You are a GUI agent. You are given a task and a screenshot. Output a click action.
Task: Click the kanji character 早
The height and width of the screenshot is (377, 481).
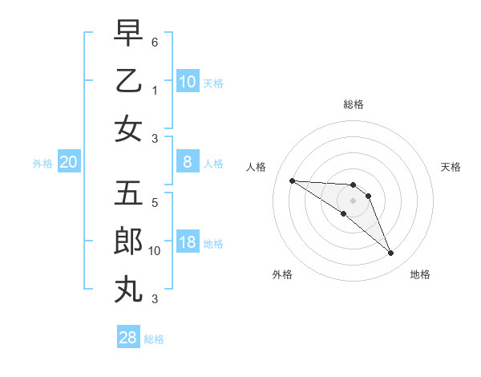click(x=128, y=34)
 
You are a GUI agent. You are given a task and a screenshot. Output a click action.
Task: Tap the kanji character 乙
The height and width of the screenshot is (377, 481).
click(x=128, y=81)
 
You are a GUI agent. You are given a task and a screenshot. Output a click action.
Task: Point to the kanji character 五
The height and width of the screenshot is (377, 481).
click(x=128, y=193)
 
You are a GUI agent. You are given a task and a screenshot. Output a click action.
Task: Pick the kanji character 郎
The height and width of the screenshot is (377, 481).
click(x=128, y=241)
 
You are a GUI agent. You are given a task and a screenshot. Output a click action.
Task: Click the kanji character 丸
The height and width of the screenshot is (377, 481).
click(x=128, y=287)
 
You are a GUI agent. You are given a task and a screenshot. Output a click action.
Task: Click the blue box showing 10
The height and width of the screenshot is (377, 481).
click(x=187, y=81)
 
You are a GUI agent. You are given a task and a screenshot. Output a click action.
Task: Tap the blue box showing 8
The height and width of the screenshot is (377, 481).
click(x=187, y=163)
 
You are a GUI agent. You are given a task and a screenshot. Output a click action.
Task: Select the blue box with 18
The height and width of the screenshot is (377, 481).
click(x=187, y=243)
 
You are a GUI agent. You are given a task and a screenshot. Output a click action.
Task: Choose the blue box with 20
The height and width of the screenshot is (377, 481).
click(x=68, y=163)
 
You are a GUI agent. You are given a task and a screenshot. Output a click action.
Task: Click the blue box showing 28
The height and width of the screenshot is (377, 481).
click(x=128, y=338)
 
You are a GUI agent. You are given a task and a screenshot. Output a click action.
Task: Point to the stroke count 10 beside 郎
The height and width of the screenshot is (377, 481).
click(x=155, y=251)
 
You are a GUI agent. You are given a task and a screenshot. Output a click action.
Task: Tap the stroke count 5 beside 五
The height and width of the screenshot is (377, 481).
click(x=155, y=203)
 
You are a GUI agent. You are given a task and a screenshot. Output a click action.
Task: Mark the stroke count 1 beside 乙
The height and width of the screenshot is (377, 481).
click(x=155, y=90)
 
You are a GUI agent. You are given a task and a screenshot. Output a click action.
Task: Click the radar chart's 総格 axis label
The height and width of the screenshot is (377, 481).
click(x=353, y=105)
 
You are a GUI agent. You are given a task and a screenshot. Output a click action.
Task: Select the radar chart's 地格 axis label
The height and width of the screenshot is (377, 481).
click(x=420, y=274)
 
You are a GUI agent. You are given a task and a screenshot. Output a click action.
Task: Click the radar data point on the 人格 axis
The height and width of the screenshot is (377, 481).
click(x=292, y=180)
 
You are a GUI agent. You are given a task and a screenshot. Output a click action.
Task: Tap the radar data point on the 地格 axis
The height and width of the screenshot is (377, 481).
click(x=391, y=253)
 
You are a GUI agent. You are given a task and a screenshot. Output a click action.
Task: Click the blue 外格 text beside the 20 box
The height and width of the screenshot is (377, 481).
click(x=42, y=164)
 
